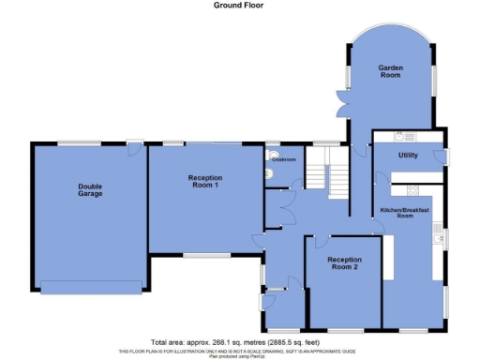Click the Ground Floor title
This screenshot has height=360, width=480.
[239, 6]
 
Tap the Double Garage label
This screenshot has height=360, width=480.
[90, 190]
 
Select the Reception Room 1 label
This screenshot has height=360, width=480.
[203, 181]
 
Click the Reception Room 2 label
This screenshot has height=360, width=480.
[344, 263]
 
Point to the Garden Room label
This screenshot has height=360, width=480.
[390, 71]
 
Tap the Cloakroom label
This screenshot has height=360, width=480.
[285, 160]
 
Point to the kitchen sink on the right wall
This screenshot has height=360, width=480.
[435, 238]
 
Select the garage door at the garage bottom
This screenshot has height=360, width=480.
[91, 287]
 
